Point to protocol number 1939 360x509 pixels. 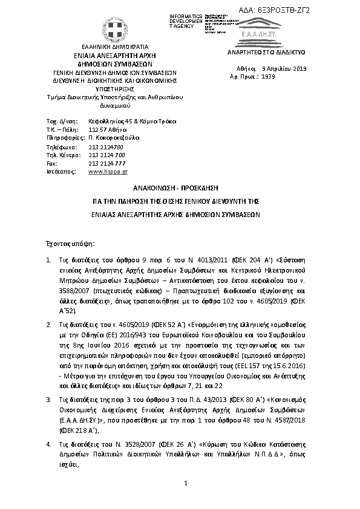[268, 77]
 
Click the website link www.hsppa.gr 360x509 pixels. [104, 172]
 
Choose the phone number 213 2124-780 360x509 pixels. [106, 146]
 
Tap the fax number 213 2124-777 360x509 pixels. [106, 163]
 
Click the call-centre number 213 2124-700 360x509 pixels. [106, 155]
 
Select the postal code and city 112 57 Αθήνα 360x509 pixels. [106, 129]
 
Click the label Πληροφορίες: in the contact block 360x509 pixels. [63, 138]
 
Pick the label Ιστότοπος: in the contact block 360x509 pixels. [59, 172]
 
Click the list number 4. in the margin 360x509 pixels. [48, 427]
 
